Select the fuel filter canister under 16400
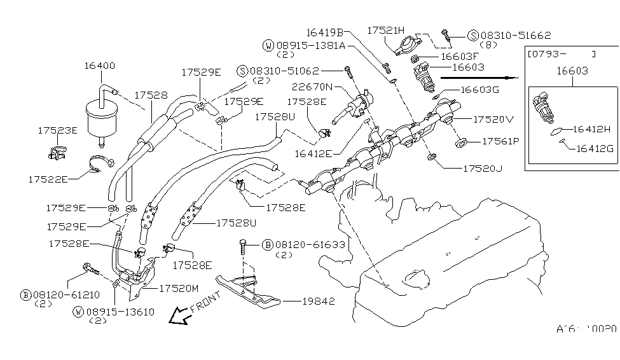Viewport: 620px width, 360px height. point(100,117)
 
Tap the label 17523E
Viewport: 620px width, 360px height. point(57,130)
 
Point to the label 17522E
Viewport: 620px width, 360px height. point(48,180)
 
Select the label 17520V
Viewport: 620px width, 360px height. point(494,118)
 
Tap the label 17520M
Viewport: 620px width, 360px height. point(179,288)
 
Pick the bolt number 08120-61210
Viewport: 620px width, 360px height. point(59,294)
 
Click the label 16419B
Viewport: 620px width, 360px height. point(324,31)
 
